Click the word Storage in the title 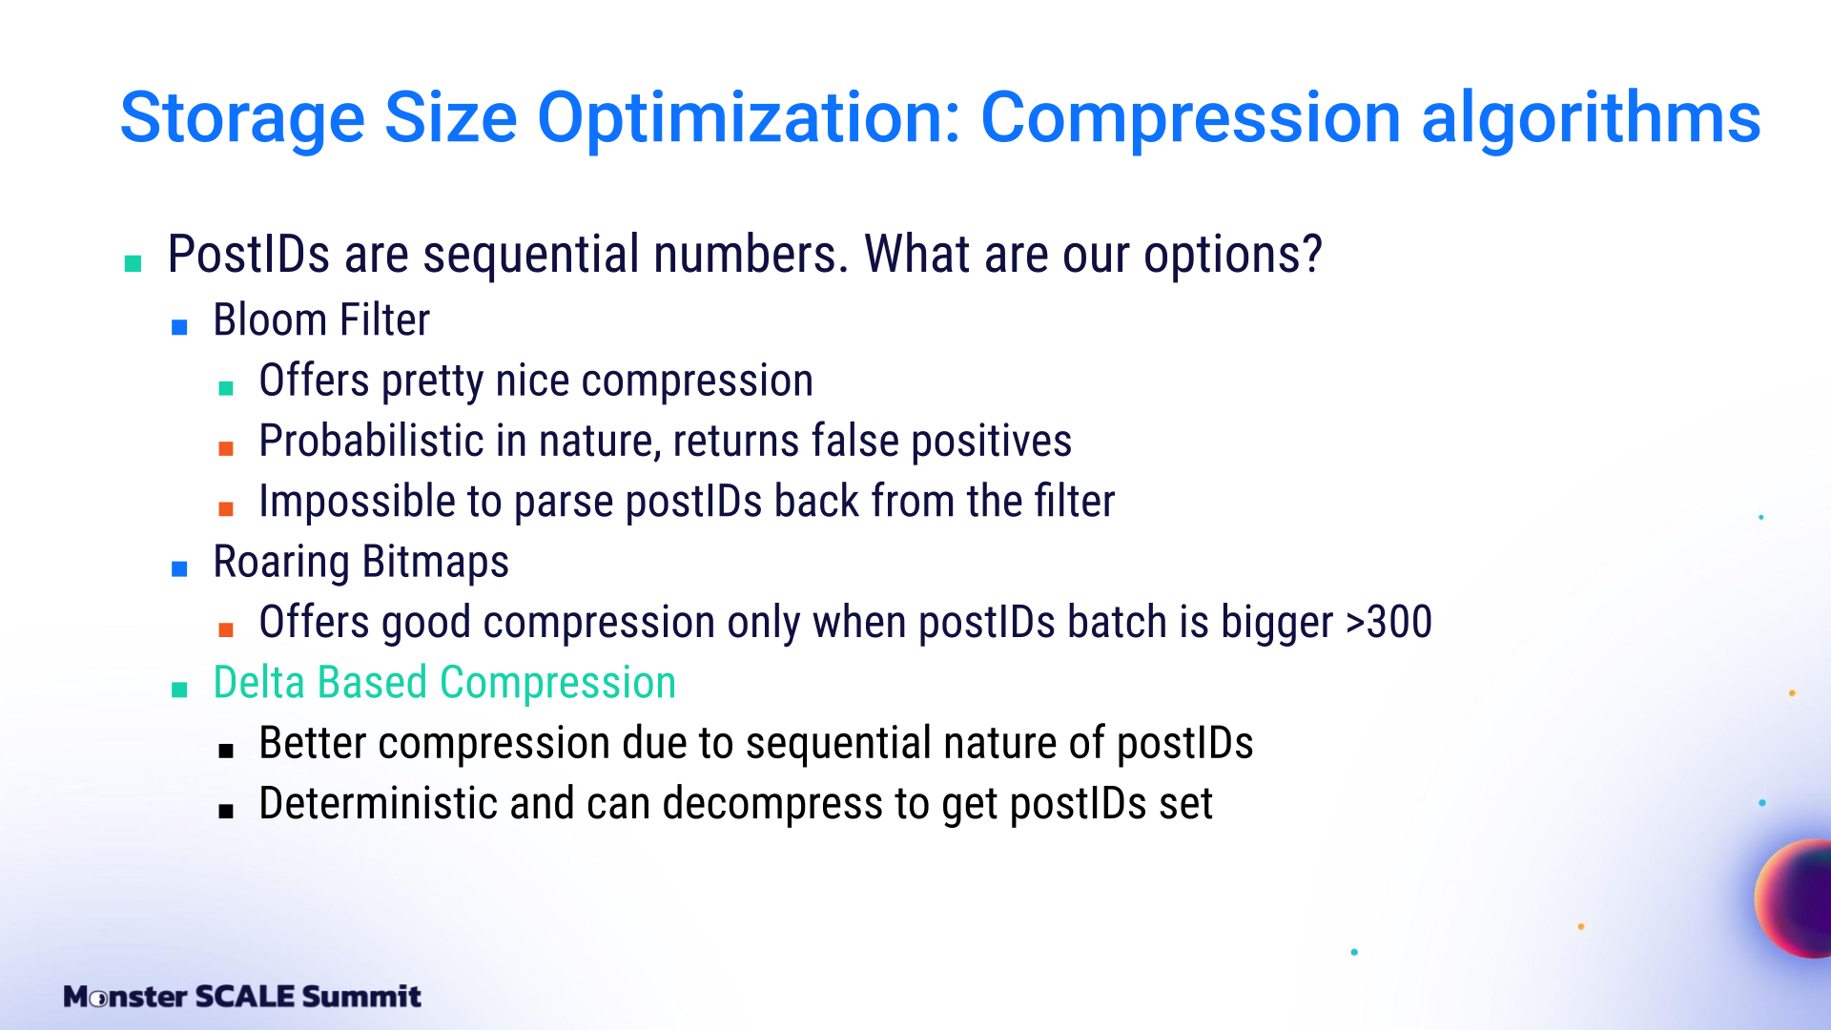(242, 119)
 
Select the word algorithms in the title (1591, 118)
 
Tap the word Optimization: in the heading (750, 118)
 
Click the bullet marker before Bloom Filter (179, 328)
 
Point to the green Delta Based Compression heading (444, 683)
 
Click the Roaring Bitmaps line (360, 562)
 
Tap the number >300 (1389, 622)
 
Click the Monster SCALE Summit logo (242, 997)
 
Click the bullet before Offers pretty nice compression (226, 388)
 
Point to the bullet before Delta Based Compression (179, 690)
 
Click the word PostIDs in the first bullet (249, 255)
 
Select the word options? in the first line (1233, 256)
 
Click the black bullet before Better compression (226, 751)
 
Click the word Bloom (270, 320)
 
